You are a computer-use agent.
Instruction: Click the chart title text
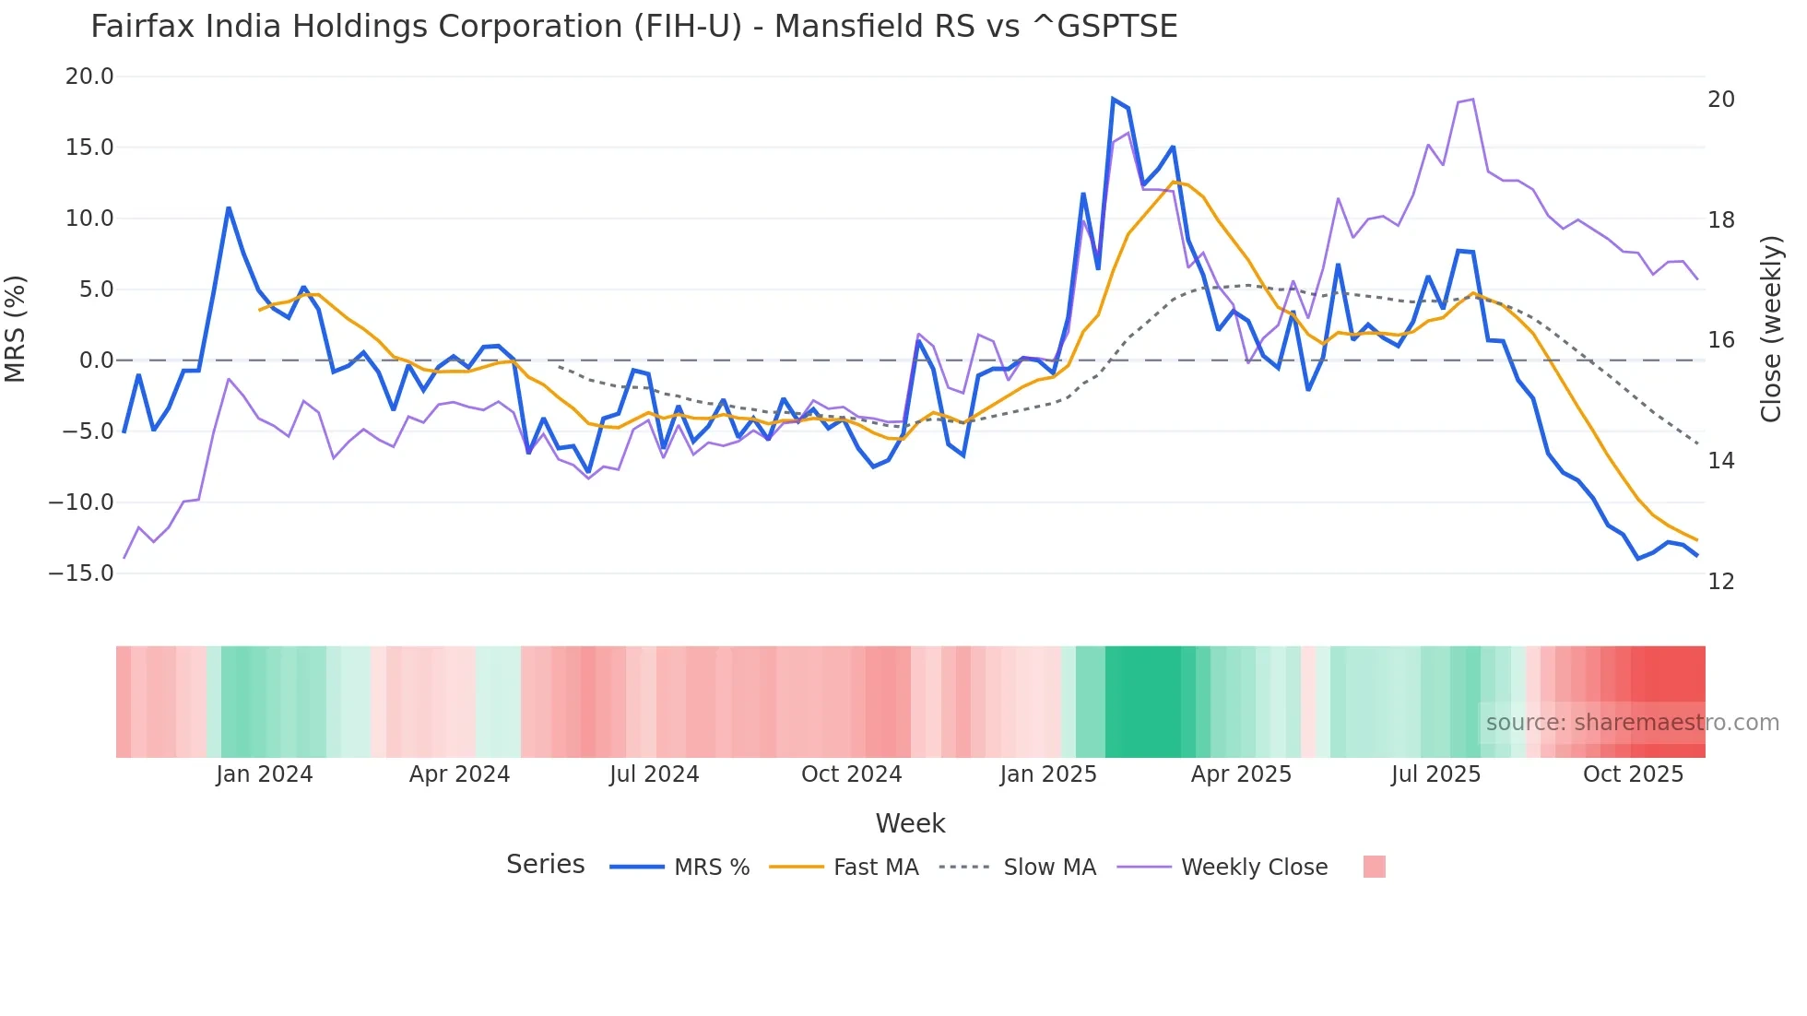click(633, 27)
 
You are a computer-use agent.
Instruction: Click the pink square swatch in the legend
click(1374, 867)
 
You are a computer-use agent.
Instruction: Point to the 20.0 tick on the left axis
click(89, 77)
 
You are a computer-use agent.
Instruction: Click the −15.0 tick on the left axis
click(81, 573)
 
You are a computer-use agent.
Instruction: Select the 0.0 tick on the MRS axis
click(96, 360)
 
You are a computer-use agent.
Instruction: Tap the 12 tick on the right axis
click(1720, 582)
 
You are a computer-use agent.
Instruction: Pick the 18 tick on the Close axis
click(1720, 220)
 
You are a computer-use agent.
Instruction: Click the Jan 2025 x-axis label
click(1048, 774)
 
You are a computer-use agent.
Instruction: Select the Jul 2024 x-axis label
click(654, 774)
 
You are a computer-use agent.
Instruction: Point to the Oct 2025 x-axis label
click(1633, 774)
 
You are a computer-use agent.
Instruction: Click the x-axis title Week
click(910, 823)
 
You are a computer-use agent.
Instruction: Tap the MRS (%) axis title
click(16, 328)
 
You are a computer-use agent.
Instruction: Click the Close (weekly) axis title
click(1770, 328)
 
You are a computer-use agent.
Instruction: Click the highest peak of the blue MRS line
click(1113, 99)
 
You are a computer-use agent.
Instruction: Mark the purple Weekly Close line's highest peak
click(1472, 99)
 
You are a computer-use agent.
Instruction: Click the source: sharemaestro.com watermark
click(1632, 723)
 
